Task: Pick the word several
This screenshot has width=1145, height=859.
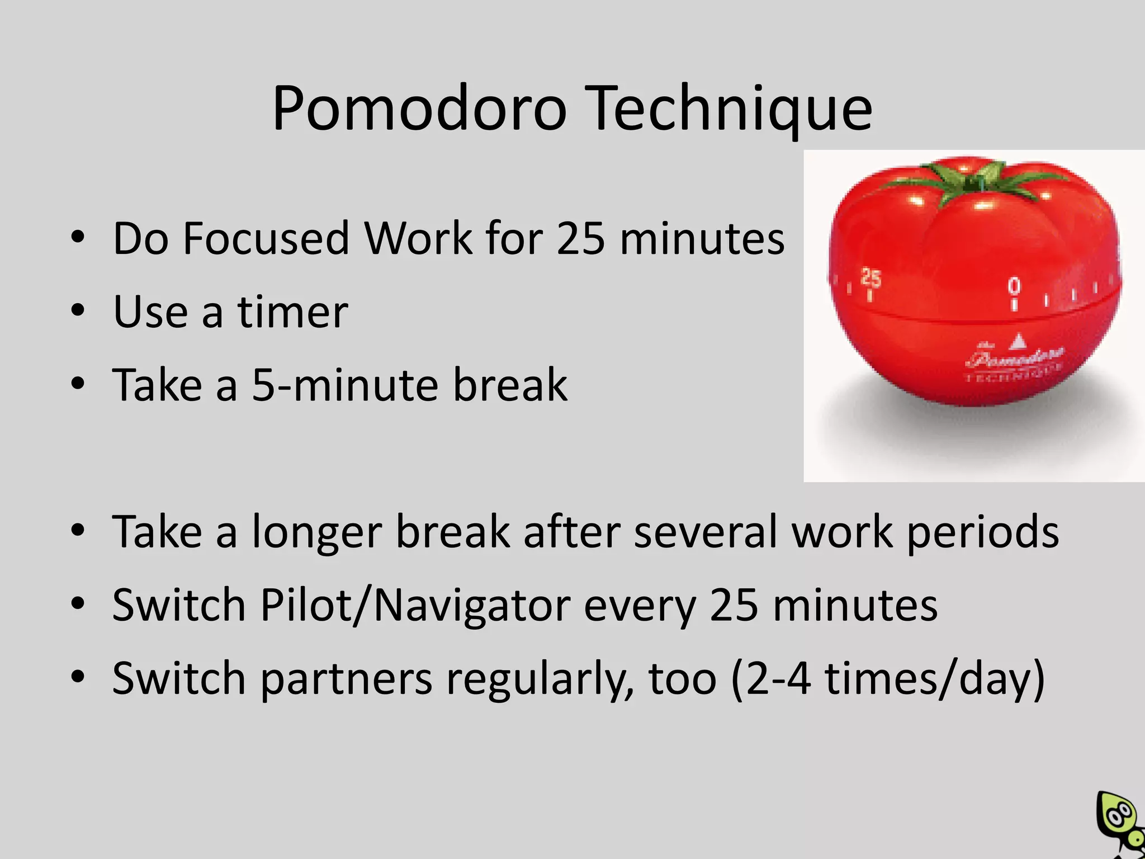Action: click(706, 531)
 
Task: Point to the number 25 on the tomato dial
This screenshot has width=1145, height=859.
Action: click(870, 277)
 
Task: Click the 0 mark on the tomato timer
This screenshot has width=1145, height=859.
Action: click(1014, 286)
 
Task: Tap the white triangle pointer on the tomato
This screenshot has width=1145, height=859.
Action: click(1019, 341)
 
